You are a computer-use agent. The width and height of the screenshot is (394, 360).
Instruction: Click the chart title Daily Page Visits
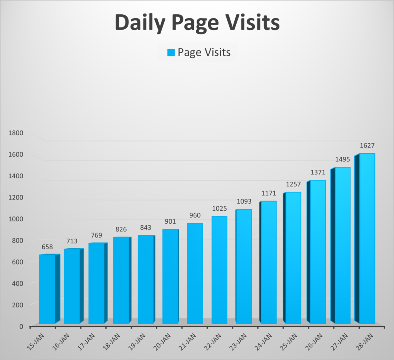click(x=197, y=23)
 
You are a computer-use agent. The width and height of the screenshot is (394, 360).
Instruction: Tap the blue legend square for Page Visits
click(x=171, y=52)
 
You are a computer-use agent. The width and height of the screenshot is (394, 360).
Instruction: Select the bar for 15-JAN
click(x=47, y=289)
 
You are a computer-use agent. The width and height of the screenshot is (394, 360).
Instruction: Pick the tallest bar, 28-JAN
click(x=367, y=239)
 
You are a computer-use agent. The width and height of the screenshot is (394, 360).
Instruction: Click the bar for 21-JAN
click(x=195, y=273)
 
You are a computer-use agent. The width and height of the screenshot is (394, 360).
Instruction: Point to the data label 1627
click(x=367, y=146)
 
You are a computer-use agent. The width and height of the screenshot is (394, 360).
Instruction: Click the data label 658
click(x=47, y=247)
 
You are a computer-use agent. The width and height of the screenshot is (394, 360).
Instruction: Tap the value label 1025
click(x=219, y=209)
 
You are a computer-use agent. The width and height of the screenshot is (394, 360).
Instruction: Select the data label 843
click(x=145, y=228)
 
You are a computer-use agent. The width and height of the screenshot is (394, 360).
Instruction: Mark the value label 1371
click(x=318, y=172)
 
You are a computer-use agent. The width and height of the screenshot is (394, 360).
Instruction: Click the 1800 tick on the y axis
click(x=16, y=133)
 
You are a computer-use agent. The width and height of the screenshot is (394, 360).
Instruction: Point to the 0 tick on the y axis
click(x=21, y=327)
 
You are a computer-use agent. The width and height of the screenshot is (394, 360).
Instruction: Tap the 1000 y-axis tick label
click(x=16, y=219)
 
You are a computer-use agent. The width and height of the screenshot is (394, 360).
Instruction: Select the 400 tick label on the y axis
click(x=17, y=283)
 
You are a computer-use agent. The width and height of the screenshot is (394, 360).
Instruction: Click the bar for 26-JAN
click(x=318, y=250)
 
